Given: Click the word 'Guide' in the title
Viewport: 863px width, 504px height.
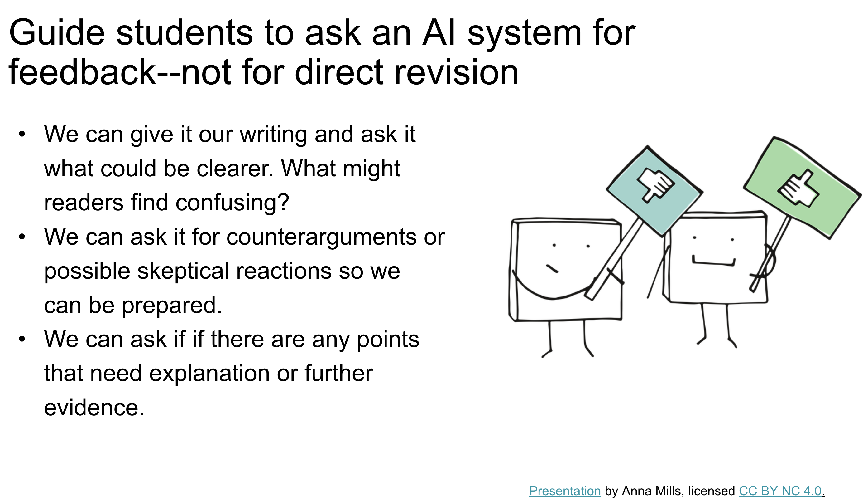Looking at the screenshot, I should pos(56,32).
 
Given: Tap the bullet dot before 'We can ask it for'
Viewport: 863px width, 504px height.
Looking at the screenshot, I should pos(22,237).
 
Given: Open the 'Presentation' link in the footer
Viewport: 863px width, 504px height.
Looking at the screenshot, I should pos(565,491).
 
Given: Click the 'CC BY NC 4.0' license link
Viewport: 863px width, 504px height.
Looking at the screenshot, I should pos(780,491).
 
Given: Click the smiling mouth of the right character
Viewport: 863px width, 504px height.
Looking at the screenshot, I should pos(714,262).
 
